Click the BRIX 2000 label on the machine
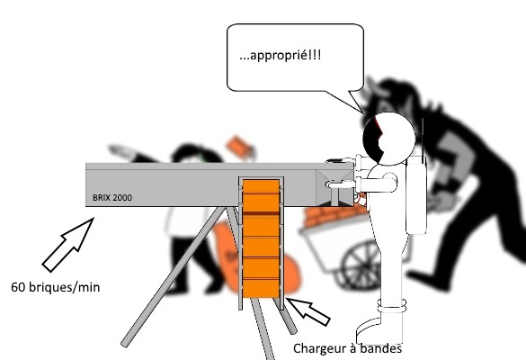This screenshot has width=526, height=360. (112, 197)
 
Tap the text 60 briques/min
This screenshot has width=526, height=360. (56, 287)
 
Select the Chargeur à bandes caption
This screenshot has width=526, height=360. (348, 348)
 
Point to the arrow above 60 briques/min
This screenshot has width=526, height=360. (67, 245)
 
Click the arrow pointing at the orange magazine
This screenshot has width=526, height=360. (308, 311)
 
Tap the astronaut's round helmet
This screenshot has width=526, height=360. (389, 139)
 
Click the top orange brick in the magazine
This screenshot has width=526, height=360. (261, 186)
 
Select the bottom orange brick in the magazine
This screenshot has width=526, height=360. (261, 288)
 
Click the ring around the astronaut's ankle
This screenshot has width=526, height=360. (391, 306)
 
